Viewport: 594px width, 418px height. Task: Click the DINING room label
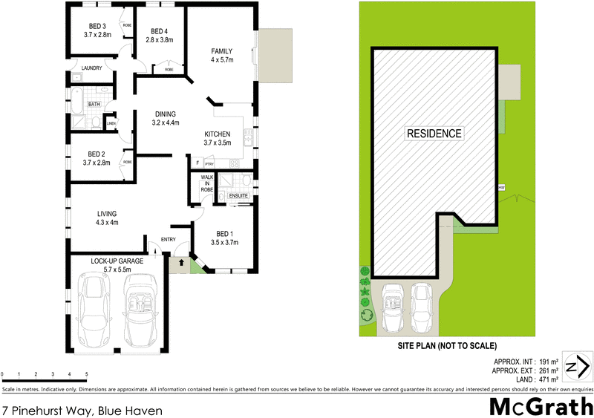click(x=165, y=114)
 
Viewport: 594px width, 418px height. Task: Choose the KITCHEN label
click(x=218, y=134)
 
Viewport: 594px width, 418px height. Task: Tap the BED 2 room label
click(x=97, y=154)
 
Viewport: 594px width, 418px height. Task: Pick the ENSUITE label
click(x=238, y=195)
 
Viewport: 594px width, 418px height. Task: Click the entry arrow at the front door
click(x=179, y=263)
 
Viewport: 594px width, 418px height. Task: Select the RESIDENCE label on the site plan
click(x=434, y=134)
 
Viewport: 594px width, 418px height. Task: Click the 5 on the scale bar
click(x=87, y=374)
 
